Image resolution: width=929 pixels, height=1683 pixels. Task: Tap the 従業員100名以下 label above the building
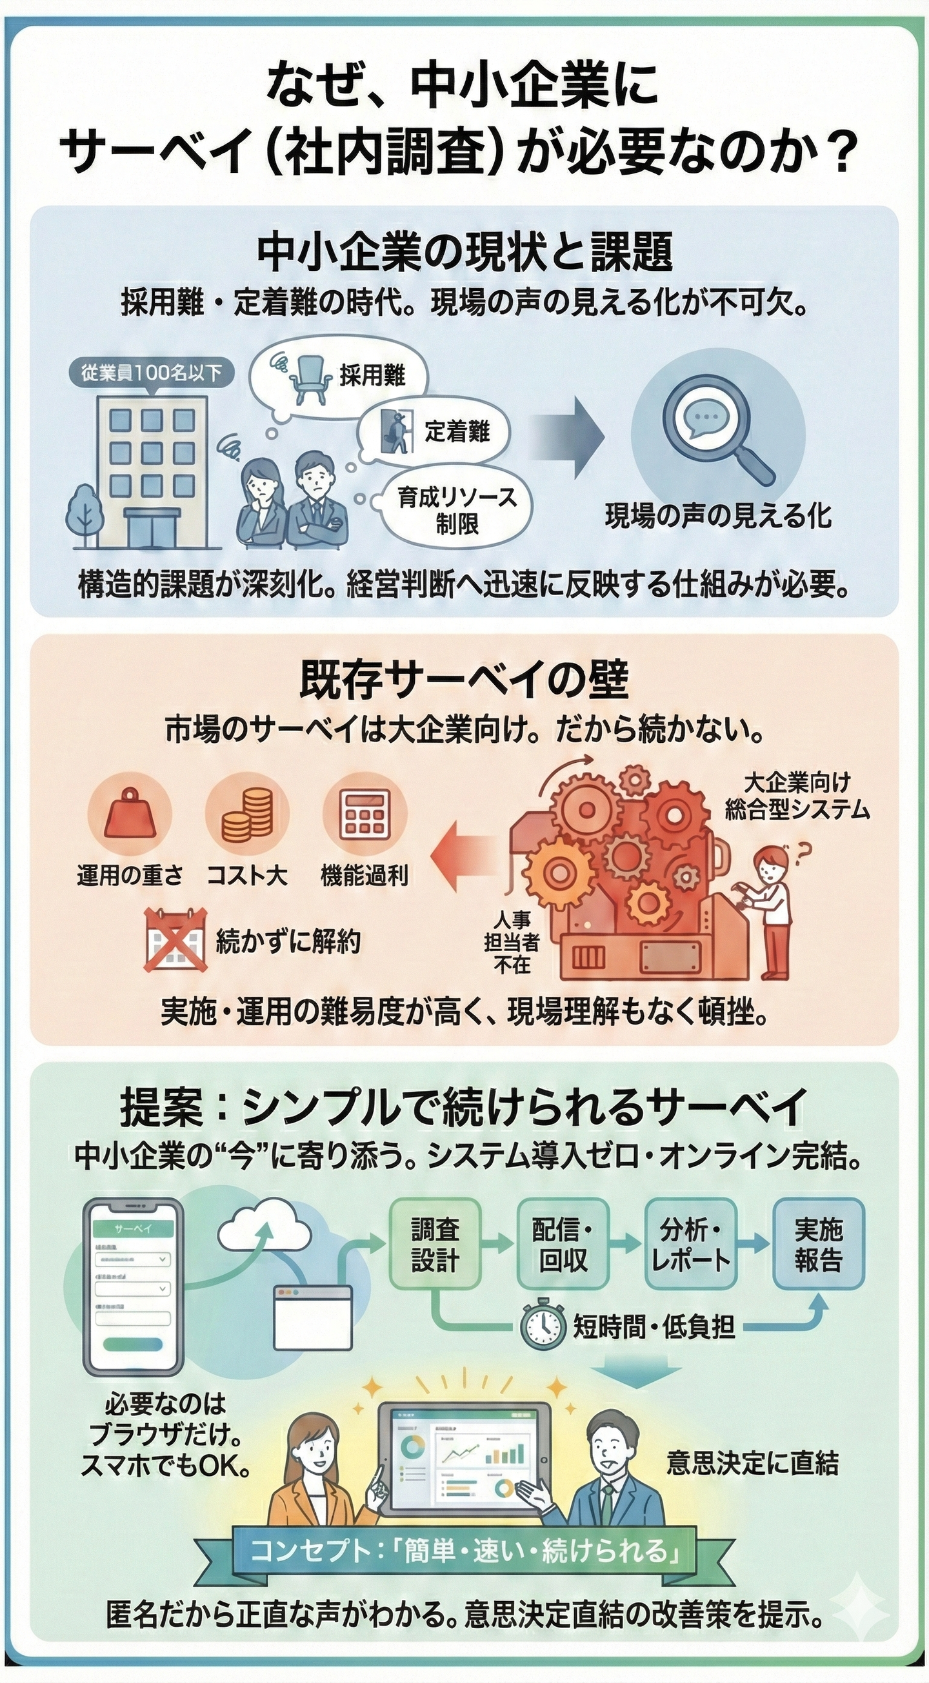pyautogui.click(x=151, y=373)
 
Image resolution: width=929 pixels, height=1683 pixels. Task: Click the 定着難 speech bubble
pyautogui.click(x=435, y=432)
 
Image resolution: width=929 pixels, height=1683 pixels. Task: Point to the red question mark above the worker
pyautogui.click(x=803, y=850)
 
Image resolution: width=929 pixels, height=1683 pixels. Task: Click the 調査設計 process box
pyautogui.click(x=435, y=1245)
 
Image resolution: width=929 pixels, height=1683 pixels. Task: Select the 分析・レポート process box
pyautogui.click(x=690, y=1245)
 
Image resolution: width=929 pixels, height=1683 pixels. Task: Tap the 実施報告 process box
pyautogui.click(x=818, y=1245)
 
